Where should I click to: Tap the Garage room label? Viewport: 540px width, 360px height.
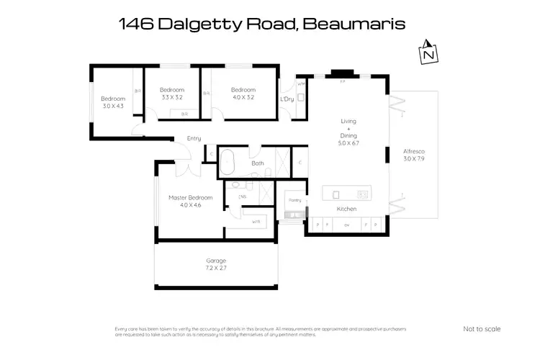(216, 260)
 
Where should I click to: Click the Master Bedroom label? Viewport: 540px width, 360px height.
(191, 197)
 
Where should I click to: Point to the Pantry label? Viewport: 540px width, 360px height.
(294, 199)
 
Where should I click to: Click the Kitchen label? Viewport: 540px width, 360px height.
(347, 209)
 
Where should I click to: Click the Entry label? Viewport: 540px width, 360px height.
(194, 138)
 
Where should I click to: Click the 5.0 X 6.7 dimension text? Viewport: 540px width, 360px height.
(348, 143)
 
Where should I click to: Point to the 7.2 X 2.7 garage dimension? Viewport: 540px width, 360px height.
(216, 268)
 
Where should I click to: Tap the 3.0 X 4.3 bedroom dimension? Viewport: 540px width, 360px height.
(113, 106)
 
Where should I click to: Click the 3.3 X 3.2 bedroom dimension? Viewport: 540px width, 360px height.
(172, 96)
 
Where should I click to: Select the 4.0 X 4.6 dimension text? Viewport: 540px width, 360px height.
(191, 205)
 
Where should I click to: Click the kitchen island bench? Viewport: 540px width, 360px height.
(347, 193)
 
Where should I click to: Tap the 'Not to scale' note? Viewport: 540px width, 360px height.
(482, 329)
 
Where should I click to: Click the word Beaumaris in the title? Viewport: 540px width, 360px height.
(354, 24)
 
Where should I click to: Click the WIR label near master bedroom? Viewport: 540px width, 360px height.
(256, 221)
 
